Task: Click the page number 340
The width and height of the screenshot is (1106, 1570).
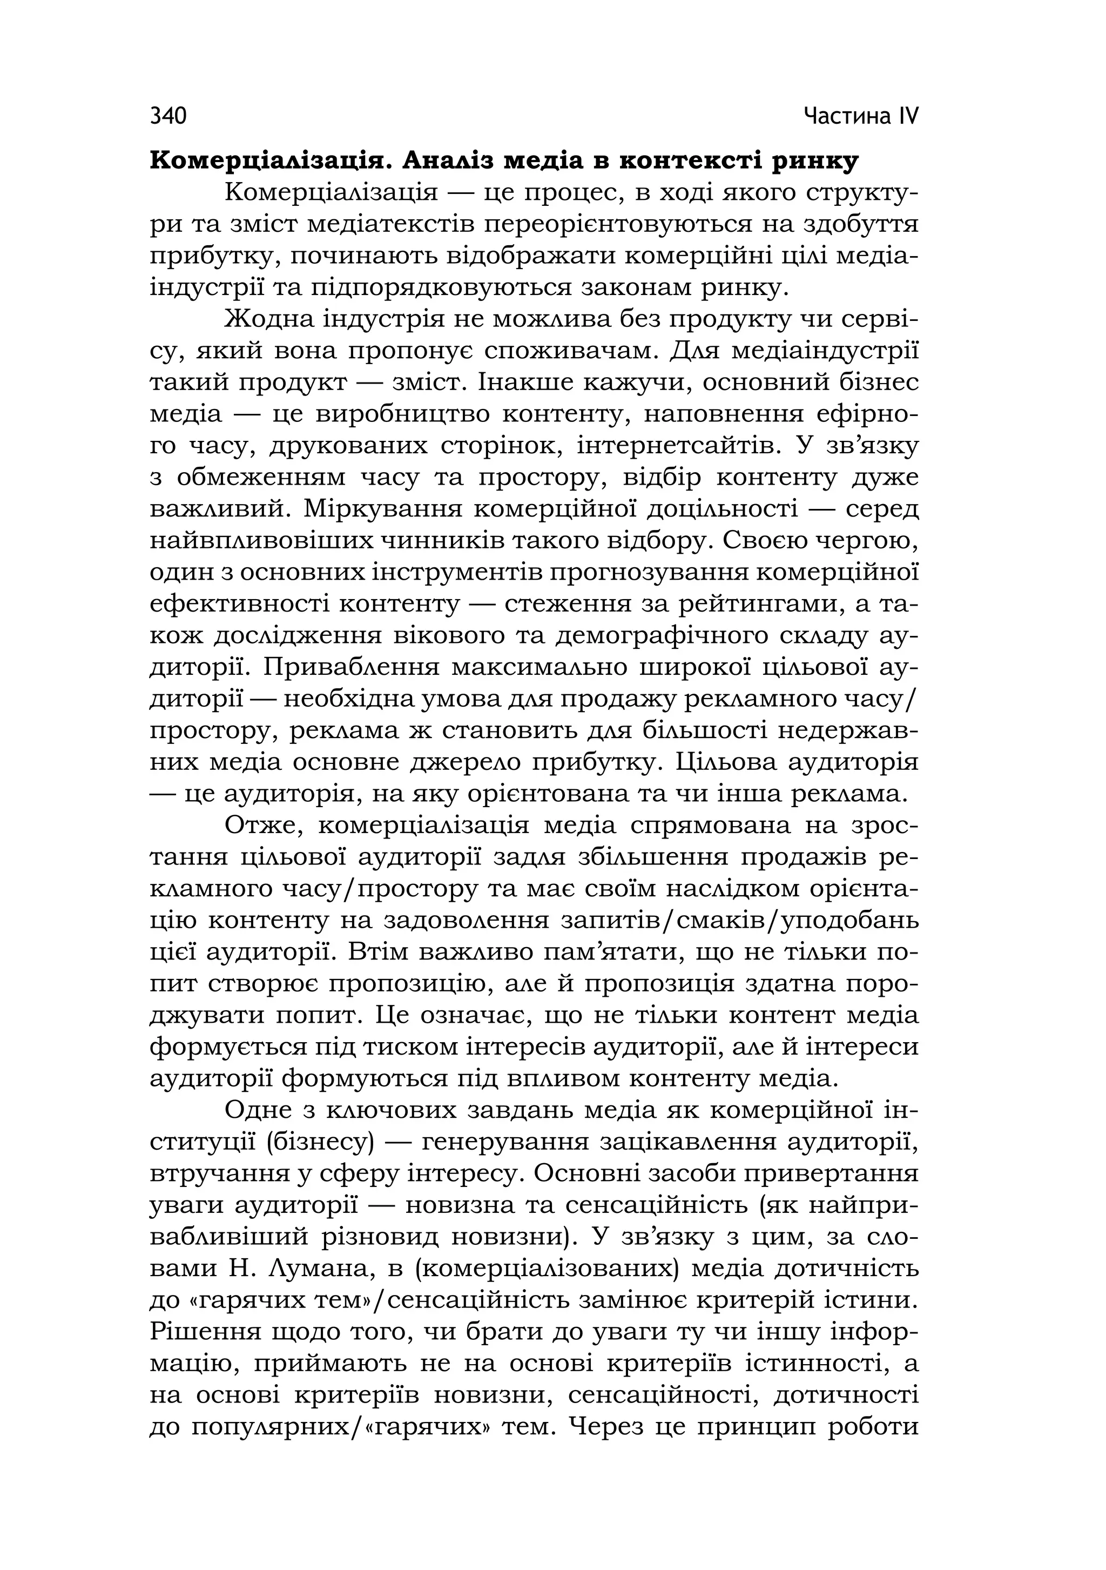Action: [168, 116]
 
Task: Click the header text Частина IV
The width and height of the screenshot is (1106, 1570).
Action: [861, 116]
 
